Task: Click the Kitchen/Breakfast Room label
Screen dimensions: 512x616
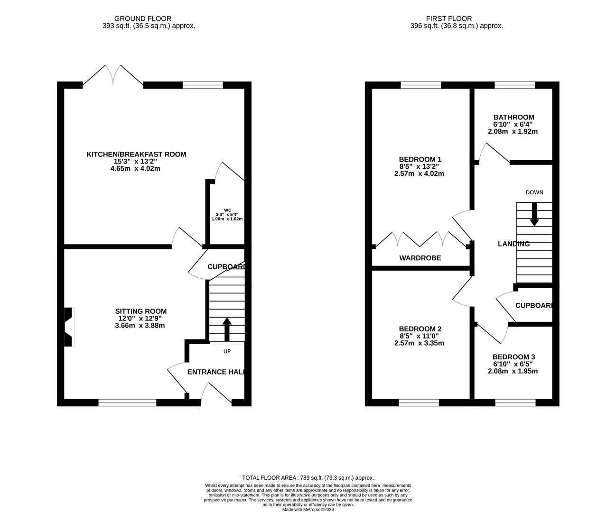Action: pyautogui.click(x=136, y=154)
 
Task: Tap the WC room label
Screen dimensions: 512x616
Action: pyautogui.click(x=227, y=210)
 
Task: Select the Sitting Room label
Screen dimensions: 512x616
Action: pyautogui.click(x=141, y=311)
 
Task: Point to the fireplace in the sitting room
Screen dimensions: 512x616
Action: pyautogui.click(x=69, y=327)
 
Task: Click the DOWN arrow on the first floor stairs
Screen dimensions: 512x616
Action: pyautogui.click(x=534, y=214)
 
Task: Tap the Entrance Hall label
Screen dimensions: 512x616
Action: pyautogui.click(x=216, y=372)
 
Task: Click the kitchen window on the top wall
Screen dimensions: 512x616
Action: pyautogui.click(x=203, y=85)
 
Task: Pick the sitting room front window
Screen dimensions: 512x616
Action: pyautogui.click(x=127, y=402)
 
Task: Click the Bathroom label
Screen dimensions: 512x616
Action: pyautogui.click(x=513, y=117)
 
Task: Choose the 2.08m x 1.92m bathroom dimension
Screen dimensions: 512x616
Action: pyautogui.click(x=513, y=131)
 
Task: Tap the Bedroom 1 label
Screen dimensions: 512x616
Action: pyautogui.click(x=420, y=159)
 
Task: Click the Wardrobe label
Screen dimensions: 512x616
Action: pyautogui.click(x=420, y=258)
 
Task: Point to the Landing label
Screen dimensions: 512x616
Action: pyautogui.click(x=513, y=244)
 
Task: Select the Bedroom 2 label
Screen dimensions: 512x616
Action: pyautogui.click(x=420, y=329)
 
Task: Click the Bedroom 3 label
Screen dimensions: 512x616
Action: pyautogui.click(x=513, y=357)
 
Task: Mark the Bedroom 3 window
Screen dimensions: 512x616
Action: pyautogui.click(x=515, y=402)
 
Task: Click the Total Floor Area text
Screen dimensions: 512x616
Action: pyautogui.click(x=308, y=478)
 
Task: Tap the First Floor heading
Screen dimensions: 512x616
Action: pyautogui.click(x=442, y=18)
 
